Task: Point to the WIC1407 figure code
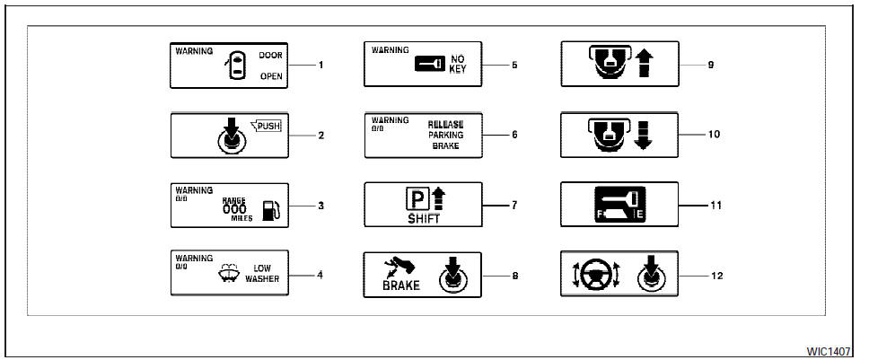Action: [x=834, y=347]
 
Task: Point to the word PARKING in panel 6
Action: [x=446, y=135]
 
